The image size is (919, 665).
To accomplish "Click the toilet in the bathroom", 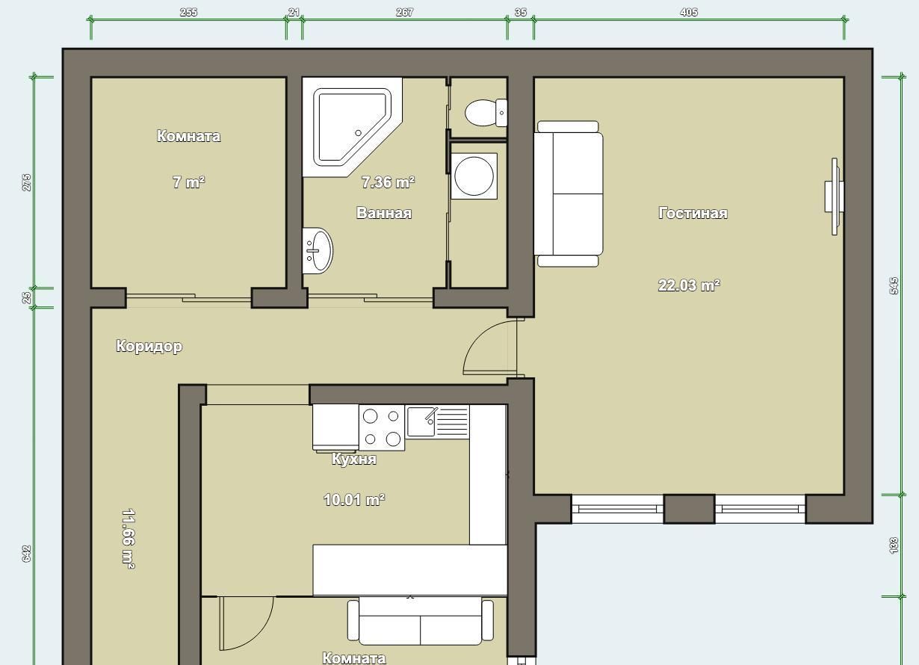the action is tap(486, 113).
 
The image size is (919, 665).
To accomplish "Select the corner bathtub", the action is tap(352, 127).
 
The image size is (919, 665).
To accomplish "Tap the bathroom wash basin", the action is tap(318, 250).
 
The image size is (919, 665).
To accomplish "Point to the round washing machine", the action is tap(474, 176).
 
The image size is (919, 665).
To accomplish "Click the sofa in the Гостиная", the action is tap(569, 194).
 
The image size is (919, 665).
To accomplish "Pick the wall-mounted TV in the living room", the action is tap(835, 197).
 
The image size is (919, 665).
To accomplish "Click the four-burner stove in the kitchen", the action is tap(382, 427).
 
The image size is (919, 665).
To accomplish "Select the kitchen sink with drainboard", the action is tap(437, 421).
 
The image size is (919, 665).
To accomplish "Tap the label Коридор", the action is tap(149, 346).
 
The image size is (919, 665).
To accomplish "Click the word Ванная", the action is tap(384, 213).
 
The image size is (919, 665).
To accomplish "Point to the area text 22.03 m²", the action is tap(689, 285).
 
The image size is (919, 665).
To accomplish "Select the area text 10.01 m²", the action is tap(354, 500).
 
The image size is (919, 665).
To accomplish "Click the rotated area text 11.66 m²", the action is tap(129, 539).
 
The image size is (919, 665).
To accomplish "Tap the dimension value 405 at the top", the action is tap(689, 12).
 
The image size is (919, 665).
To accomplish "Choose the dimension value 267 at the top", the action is tap(404, 12).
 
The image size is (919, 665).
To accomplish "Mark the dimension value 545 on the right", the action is tap(894, 286).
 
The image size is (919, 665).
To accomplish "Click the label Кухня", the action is tap(354, 459).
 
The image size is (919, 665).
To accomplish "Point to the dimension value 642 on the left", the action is tap(26, 554).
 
